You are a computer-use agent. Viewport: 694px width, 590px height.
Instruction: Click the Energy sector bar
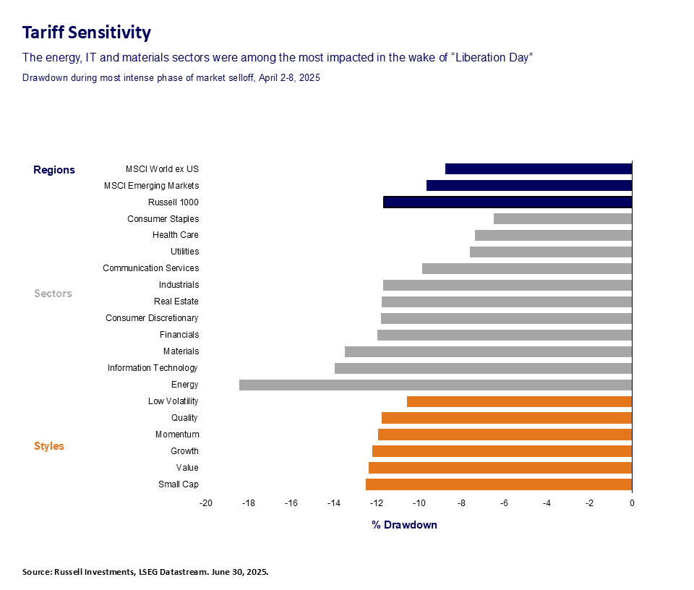click(x=435, y=385)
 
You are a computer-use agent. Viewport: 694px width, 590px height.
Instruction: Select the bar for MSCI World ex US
click(x=539, y=168)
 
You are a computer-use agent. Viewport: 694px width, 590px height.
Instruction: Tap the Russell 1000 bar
click(x=507, y=202)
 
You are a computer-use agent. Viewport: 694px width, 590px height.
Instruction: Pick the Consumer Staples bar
click(x=562, y=218)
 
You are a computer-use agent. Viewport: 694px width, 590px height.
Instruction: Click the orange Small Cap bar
click(x=499, y=484)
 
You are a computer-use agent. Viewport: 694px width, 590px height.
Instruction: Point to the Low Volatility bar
click(x=519, y=401)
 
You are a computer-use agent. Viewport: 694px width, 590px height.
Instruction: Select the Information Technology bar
click(x=483, y=368)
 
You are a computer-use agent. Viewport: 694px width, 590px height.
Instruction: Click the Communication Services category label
click(x=150, y=268)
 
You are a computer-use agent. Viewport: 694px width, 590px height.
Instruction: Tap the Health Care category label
click(x=175, y=235)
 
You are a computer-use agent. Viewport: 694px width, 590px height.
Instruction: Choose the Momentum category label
click(x=177, y=435)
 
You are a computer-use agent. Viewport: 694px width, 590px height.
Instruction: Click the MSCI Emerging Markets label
click(x=151, y=186)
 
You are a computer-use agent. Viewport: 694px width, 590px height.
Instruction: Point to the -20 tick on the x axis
click(x=206, y=503)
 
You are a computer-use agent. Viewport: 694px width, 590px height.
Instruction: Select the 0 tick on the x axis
click(x=632, y=503)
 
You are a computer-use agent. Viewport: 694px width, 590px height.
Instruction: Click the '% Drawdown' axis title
click(x=405, y=525)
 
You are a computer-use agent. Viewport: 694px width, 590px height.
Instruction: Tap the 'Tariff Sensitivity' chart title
click(x=86, y=33)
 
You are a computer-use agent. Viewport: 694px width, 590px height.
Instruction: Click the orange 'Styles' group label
click(x=49, y=446)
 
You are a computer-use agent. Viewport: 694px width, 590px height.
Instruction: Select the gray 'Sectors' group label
click(x=53, y=294)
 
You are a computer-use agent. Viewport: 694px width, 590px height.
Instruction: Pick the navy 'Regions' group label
click(x=54, y=170)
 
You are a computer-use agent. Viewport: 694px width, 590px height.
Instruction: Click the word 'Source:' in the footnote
click(x=37, y=572)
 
